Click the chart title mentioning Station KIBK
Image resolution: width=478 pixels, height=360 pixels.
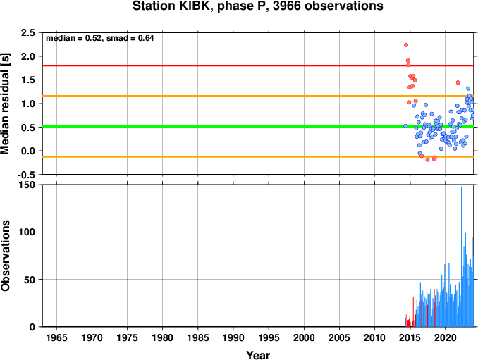[257, 6]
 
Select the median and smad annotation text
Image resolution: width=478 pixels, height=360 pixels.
[99, 38]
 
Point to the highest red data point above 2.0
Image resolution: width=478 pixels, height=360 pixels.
[406, 45]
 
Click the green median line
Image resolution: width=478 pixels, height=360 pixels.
[258, 126]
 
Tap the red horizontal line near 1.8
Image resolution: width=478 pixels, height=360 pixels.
[258, 66]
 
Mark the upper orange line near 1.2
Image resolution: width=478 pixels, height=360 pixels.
[258, 96]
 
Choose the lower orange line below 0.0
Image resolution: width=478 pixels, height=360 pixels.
[258, 157]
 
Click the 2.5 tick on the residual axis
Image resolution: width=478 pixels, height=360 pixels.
[27, 32]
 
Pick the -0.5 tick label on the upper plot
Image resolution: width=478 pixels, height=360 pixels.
[26, 175]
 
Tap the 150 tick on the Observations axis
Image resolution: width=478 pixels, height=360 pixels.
[27, 185]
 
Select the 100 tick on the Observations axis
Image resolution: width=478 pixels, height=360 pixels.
[27, 232]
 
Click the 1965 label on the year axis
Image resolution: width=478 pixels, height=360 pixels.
[56, 337]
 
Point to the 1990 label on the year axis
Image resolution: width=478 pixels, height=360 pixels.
[233, 337]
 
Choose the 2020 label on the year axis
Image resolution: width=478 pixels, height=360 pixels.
[446, 337]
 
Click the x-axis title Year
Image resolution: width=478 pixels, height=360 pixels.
[258, 355]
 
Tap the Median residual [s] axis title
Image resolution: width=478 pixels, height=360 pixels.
[5, 104]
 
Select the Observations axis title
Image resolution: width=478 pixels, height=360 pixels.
[5, 256]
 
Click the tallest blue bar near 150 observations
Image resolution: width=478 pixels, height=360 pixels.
[461, 256]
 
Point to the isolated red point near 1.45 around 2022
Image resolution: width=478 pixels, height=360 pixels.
[458, 82]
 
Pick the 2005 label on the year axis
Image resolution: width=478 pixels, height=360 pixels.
[339, 337]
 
